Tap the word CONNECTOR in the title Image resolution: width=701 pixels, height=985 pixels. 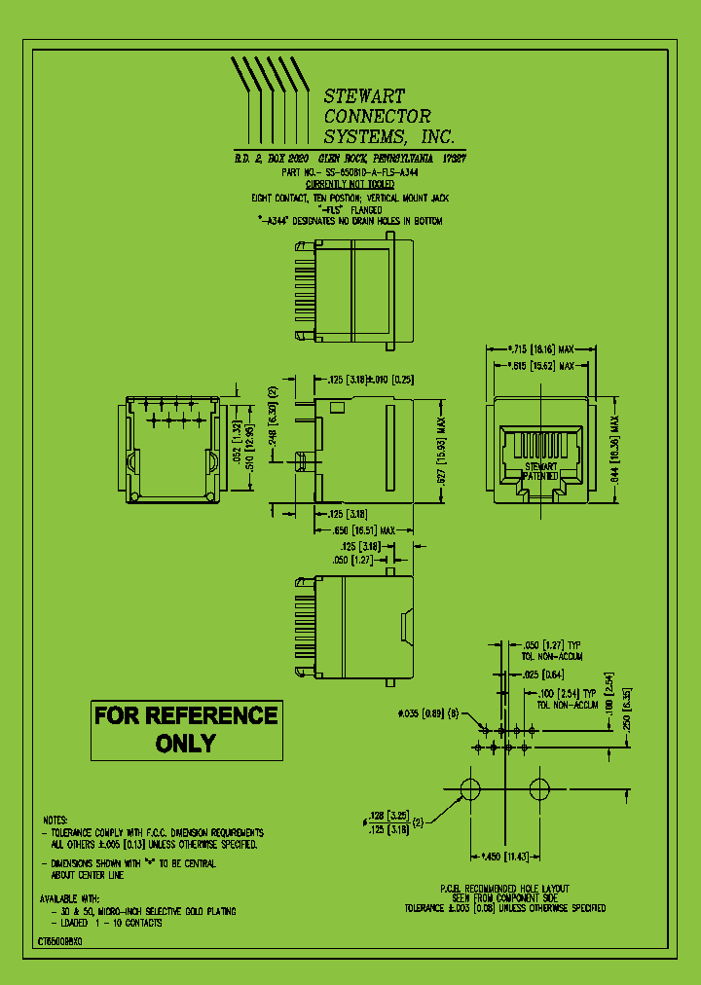[x=377, y=116]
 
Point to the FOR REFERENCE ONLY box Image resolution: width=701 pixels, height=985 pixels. [x=186, y=729]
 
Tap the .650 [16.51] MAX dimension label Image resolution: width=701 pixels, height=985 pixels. [x=363, y=530]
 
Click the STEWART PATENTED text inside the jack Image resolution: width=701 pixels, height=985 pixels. [x=540, y=472]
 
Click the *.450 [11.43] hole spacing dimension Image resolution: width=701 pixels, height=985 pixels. [x=505, y=856]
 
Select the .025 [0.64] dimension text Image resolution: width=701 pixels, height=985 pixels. [x=544, y=674]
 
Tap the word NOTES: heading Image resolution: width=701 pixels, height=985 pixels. [x=56, y=820]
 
